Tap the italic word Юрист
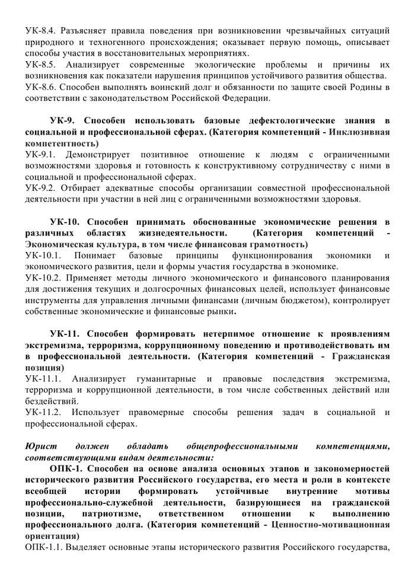pyautogui.click(x=37, y=446)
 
